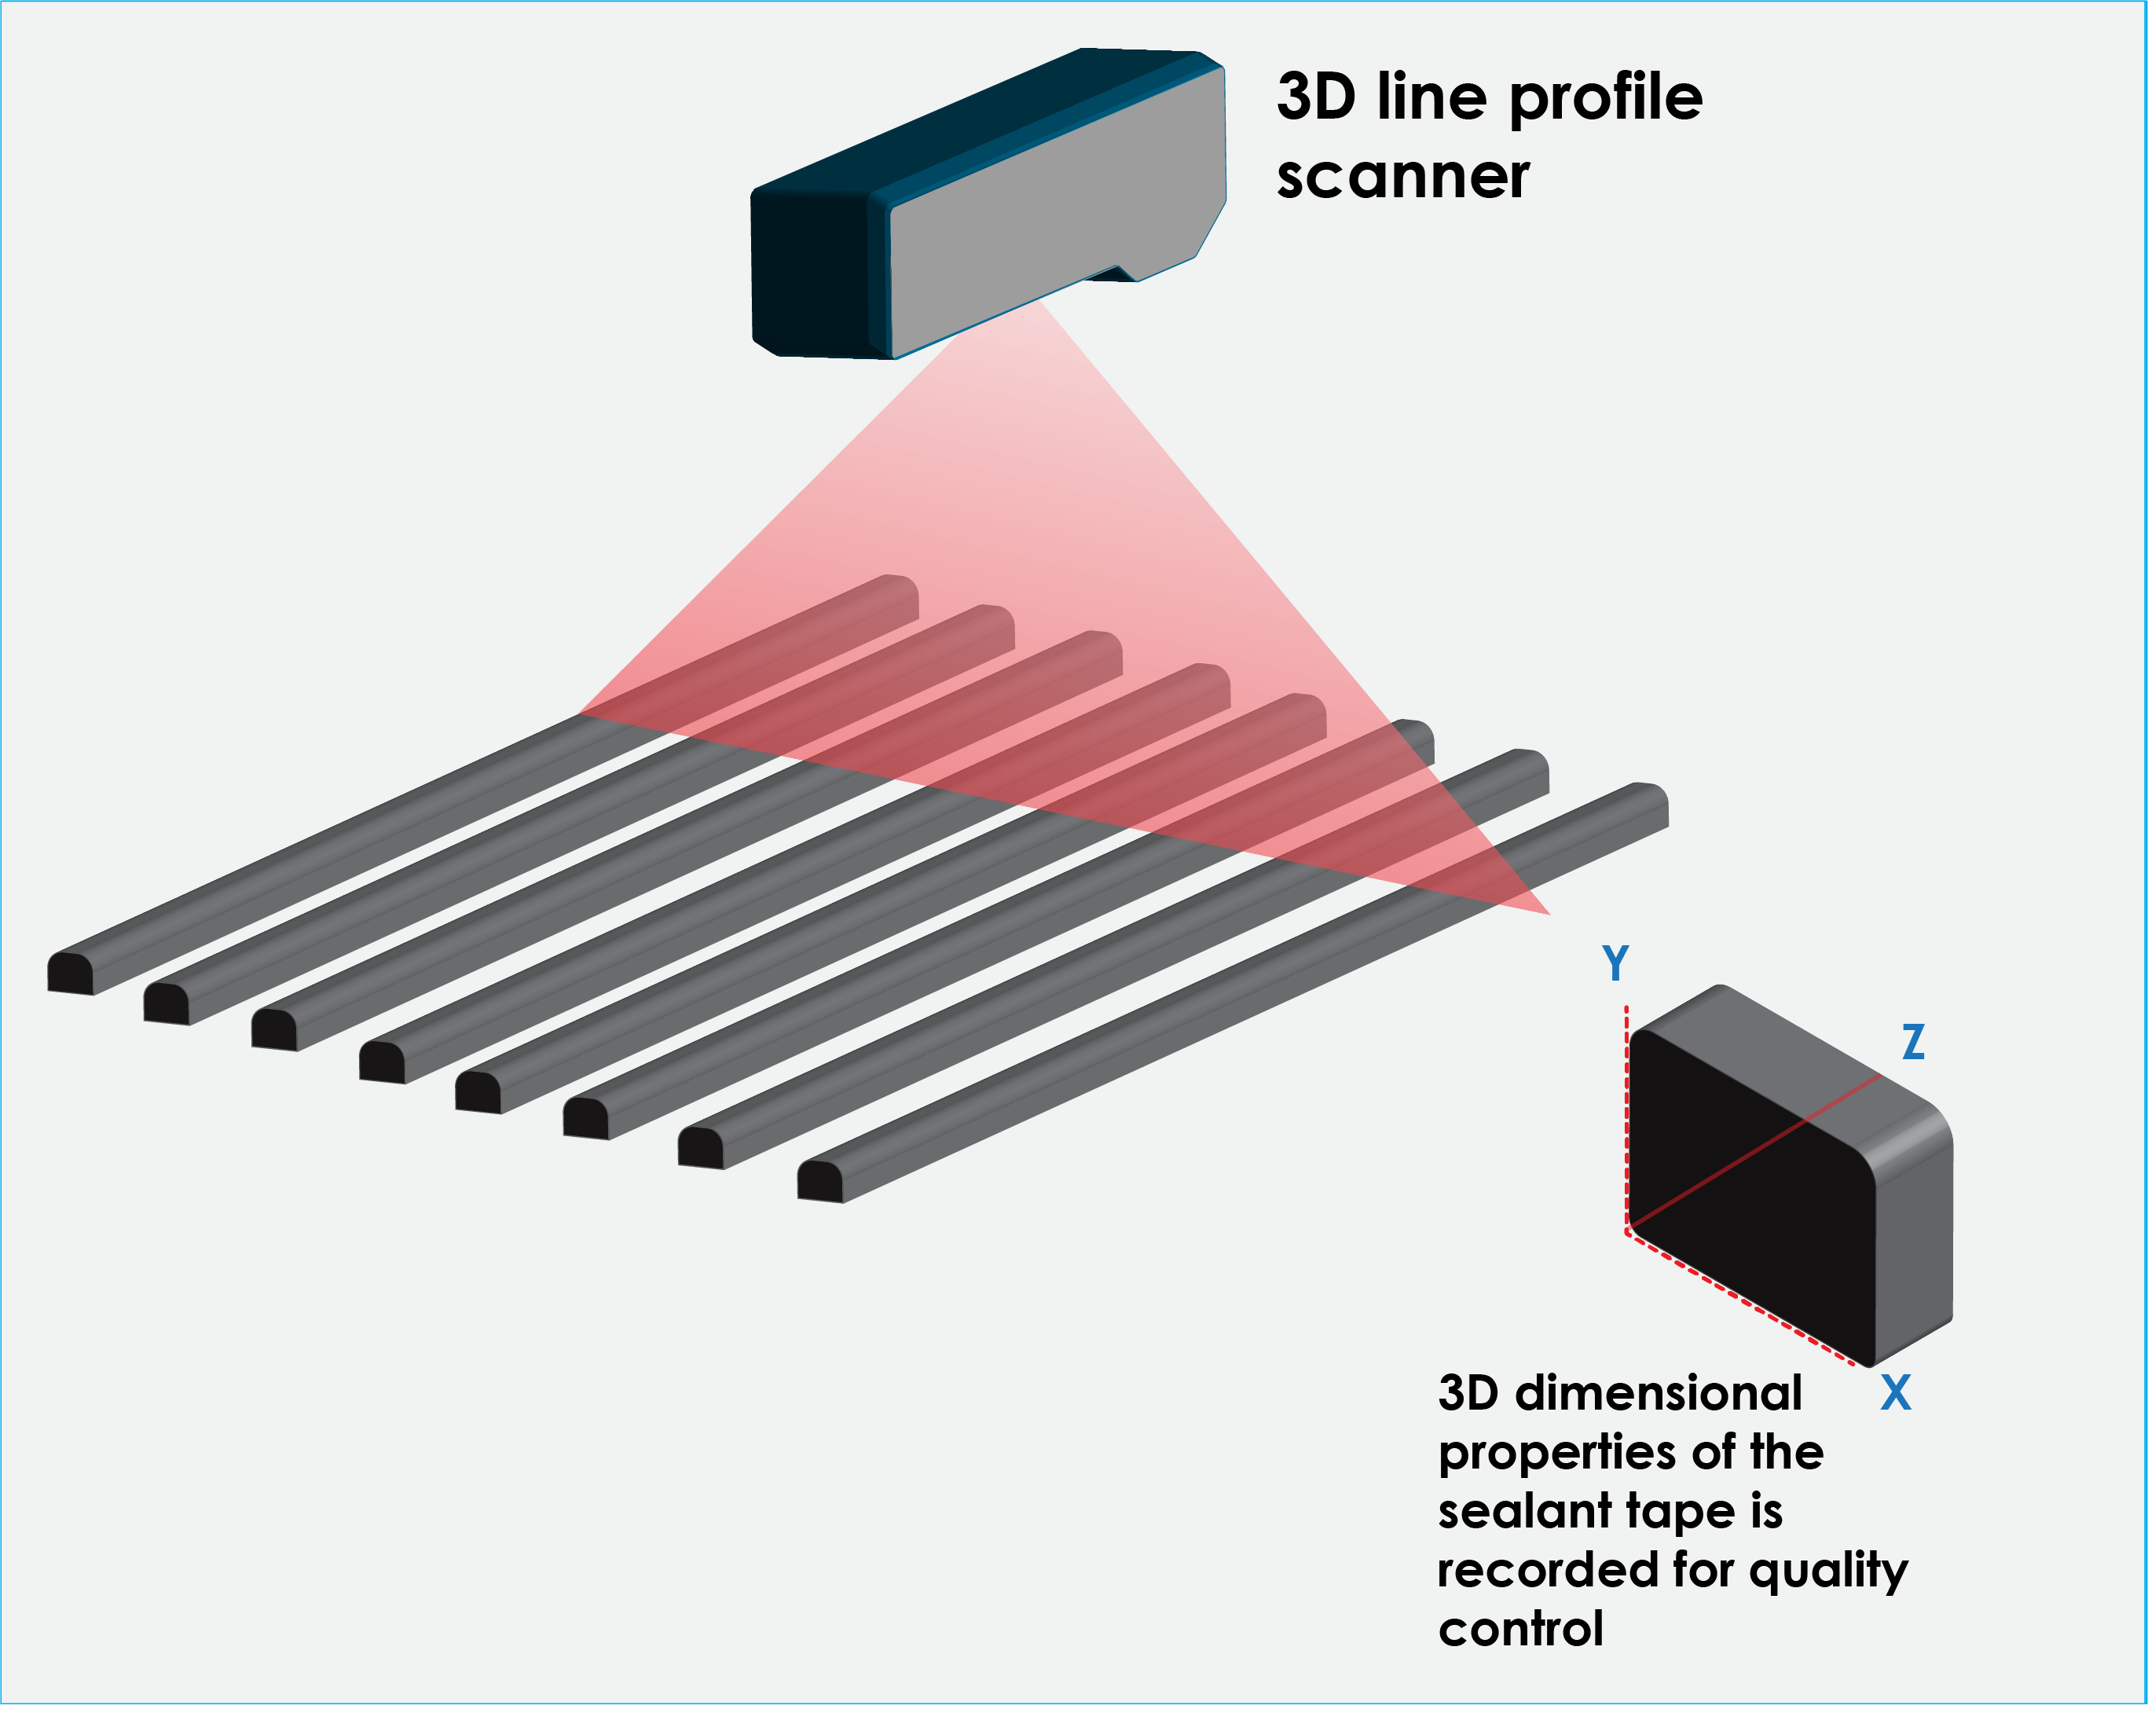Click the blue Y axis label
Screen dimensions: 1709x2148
click(1615, 963)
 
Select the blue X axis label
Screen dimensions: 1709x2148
click(1895, 1392)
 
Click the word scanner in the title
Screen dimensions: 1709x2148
click(1402, 178)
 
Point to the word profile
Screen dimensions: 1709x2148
click(1605, 101)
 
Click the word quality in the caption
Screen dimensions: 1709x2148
click(1828, 1571)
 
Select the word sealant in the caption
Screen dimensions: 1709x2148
click(1524, 1511)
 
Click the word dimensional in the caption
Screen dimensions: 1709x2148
click(1658, 1393)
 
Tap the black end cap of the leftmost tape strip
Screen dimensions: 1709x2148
click(71, 974)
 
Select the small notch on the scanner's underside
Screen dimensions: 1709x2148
click(1118, 273)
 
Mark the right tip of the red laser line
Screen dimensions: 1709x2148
click(1549, 914)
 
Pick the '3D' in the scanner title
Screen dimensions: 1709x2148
click(1315, 97)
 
